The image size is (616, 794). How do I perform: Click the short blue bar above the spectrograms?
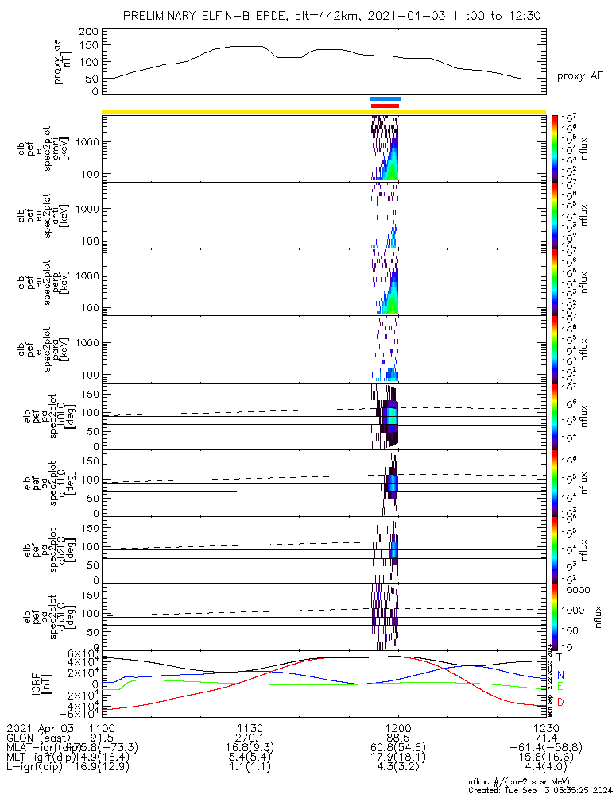point(385,98)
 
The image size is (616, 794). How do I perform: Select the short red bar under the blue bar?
point(385,105)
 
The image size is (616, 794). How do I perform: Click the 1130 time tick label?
point(250,727)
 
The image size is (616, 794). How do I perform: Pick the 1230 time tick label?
point(546,727)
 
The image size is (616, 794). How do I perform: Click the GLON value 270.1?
point(250,738)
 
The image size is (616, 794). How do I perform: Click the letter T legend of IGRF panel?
point(559,657)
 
